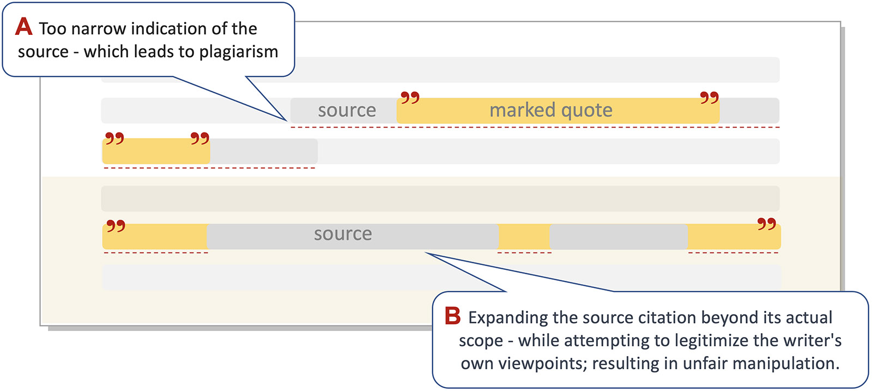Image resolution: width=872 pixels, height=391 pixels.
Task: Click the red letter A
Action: [x=23, y=26]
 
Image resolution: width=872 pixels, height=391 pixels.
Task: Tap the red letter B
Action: [x=452, y=316]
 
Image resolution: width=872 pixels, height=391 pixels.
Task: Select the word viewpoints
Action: [x=549, y=363]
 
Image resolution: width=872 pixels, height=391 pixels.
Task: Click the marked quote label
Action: [x=550, y=110]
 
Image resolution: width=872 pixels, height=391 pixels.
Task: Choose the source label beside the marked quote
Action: [x=347, y=110]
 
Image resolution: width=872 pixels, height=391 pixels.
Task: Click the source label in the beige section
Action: [x=343, y=234]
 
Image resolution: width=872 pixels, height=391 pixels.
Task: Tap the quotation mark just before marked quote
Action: [x=410, y=98]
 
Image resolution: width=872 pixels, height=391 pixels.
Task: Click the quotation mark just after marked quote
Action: [x=709, y=98]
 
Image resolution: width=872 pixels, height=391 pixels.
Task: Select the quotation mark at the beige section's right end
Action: [x=766, y=224]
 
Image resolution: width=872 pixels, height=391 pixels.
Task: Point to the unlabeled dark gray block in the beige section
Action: [x=618, y=237]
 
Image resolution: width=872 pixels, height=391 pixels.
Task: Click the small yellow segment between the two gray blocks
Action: [x=524, y=237]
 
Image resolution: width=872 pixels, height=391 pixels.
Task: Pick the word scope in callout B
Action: [x=481, y=341]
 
